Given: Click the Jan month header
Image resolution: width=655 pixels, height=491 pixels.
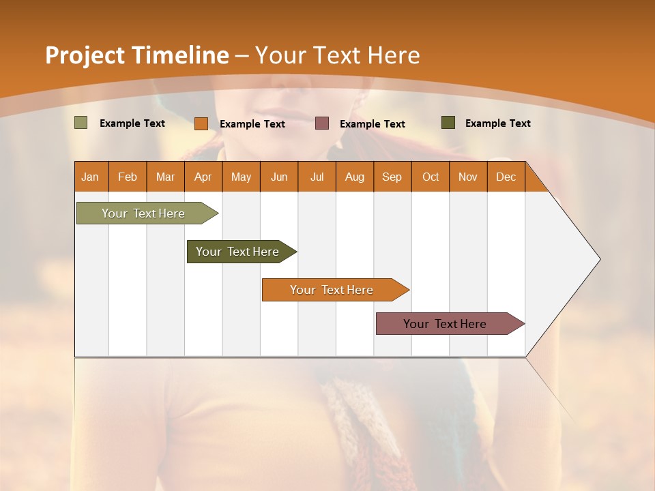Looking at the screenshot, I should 91,177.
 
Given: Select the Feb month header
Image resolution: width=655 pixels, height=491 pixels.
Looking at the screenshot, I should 128,177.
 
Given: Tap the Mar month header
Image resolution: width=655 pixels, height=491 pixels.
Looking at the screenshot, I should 165,177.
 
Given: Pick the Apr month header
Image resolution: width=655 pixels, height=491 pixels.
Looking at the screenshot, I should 203,177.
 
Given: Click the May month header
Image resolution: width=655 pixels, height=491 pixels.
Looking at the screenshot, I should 241,177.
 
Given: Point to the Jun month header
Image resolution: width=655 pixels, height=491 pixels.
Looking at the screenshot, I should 279,177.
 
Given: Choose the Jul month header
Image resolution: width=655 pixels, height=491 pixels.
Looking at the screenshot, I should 317,177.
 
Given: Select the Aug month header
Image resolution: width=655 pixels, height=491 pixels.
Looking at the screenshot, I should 355,177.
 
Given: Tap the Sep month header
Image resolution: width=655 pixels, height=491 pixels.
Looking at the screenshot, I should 392,177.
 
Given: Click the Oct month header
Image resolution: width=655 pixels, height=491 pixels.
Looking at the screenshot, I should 431,177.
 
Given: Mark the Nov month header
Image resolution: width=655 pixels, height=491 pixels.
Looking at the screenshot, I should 468,177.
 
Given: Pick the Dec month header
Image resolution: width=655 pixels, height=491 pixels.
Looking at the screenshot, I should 506,177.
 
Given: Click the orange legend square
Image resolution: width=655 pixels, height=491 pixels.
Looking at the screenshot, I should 201,123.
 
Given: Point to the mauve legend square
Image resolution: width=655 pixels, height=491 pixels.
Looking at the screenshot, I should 322,123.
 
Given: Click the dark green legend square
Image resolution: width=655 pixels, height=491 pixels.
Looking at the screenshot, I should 448,123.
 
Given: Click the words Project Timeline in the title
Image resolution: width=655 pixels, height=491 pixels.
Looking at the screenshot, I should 136,55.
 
